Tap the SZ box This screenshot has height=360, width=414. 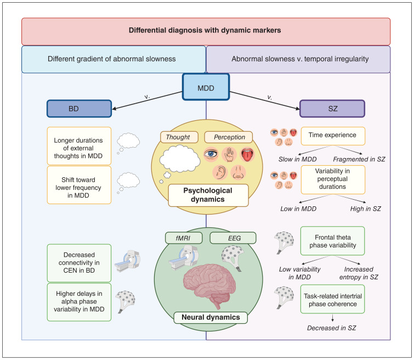tap(324, 109)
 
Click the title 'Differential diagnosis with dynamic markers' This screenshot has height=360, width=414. tap(206, 31)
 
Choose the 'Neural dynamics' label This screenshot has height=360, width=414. tap(206, 317)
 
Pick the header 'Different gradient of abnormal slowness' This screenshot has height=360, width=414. tap(113, 59)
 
